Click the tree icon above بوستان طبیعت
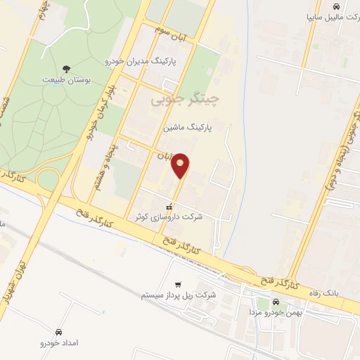tap(67, 68)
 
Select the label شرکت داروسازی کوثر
tap(169, 217)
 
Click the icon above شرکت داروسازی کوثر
tap(169, 206)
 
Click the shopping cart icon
tap(178, 284)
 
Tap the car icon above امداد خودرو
tap(58, 332)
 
